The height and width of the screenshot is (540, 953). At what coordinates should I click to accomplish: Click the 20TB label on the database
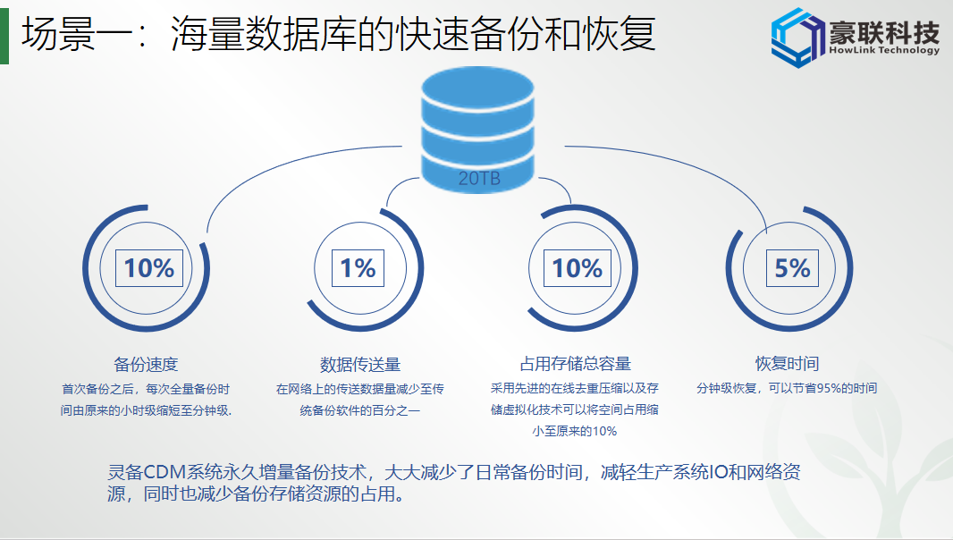click(x=479, y=178)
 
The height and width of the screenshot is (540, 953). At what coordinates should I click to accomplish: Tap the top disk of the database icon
click(x=477, y=89)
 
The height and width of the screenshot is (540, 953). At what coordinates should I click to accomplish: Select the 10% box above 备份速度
click(x=149, y=268)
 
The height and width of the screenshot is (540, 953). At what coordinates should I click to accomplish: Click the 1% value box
click(x=358, y=268)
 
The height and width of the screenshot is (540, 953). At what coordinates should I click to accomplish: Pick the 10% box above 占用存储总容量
click(x=577, y=268)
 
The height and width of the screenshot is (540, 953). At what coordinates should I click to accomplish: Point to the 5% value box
click(x=792, y=268)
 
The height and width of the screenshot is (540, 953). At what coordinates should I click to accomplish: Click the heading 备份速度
click(x=146, y=364)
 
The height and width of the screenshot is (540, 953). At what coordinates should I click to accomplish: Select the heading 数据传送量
click(x=360, y=364)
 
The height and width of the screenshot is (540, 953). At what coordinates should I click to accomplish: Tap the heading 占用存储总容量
click(x=576, y=364)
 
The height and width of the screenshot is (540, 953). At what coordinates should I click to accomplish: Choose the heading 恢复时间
click(x=787, y=364)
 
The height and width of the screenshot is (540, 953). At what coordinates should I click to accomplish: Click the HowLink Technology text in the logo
click(x=884, y=50)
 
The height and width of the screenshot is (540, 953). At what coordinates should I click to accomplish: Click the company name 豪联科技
click(x=884, y=30)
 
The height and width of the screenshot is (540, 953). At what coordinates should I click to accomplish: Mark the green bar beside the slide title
click(x=4, y=38)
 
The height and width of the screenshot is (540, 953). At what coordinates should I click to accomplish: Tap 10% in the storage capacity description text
click(x=604, y=431)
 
